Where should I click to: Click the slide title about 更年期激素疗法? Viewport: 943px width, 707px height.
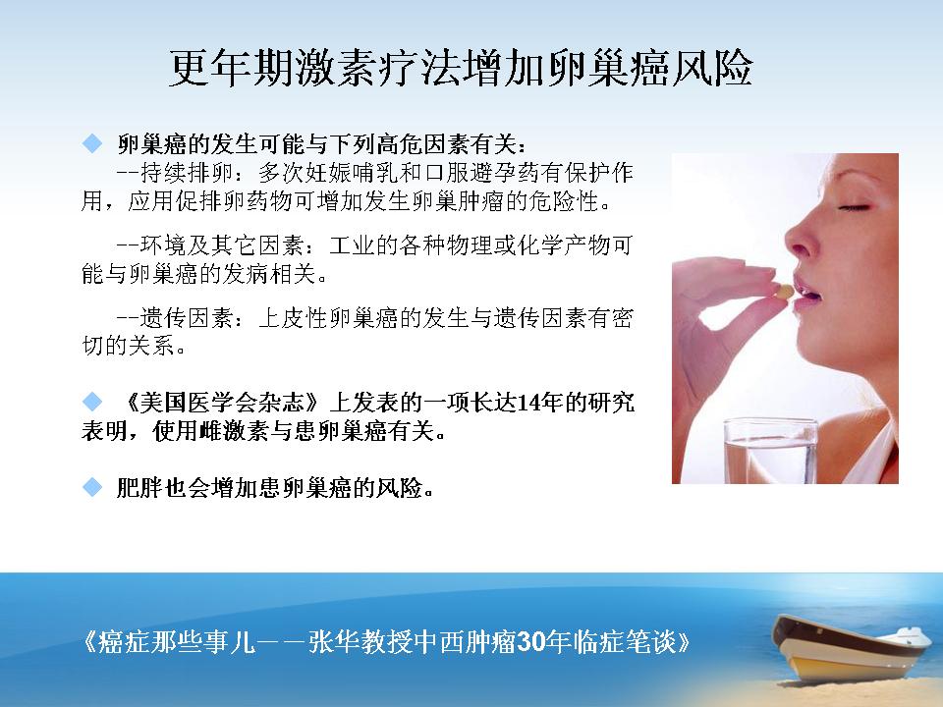point(461,68)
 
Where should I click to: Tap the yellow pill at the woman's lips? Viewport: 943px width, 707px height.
point(784,292)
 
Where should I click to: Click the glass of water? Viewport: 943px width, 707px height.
point(770,451)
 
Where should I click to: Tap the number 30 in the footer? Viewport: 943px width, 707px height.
point(530,642)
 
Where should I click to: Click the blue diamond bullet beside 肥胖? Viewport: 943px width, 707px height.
point(92,487)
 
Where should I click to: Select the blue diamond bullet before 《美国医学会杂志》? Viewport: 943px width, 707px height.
point(92,402)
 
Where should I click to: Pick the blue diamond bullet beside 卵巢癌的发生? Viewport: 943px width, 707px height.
point(92,143)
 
